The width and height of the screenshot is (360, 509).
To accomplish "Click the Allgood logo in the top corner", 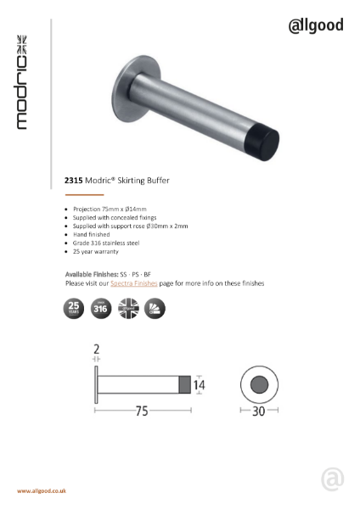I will (x=316, y=25).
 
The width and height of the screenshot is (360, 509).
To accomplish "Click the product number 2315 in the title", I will (x=73, y=180).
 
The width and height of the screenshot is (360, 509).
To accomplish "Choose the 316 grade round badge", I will (x=100, y=308).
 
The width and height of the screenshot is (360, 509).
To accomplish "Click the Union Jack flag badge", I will (x=127, y=308).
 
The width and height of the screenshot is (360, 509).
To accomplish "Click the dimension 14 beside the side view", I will (x=200, y=384).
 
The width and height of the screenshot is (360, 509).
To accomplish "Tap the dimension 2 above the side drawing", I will (x=96, y=350).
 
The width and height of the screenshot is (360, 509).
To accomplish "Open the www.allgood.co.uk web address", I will (x=42, y=491).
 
